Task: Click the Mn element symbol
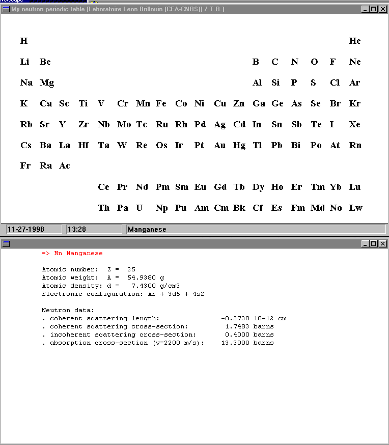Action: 143,104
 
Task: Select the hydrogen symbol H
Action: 24,41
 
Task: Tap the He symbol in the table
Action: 355,41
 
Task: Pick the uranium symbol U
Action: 140,208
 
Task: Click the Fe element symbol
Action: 161,104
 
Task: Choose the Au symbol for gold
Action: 219,146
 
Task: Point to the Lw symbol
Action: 355,208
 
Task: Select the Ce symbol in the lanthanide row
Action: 103,187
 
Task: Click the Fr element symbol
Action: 25,166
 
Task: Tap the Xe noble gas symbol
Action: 355,125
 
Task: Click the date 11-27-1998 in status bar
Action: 26,230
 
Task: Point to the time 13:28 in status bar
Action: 77,230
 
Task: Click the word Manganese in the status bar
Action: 147,230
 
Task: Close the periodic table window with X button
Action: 382,9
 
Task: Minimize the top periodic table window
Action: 366,9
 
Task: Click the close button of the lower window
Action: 382,244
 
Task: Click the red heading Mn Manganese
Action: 72,253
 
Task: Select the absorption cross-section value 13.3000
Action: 235,343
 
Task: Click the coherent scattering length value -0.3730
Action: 235,318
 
